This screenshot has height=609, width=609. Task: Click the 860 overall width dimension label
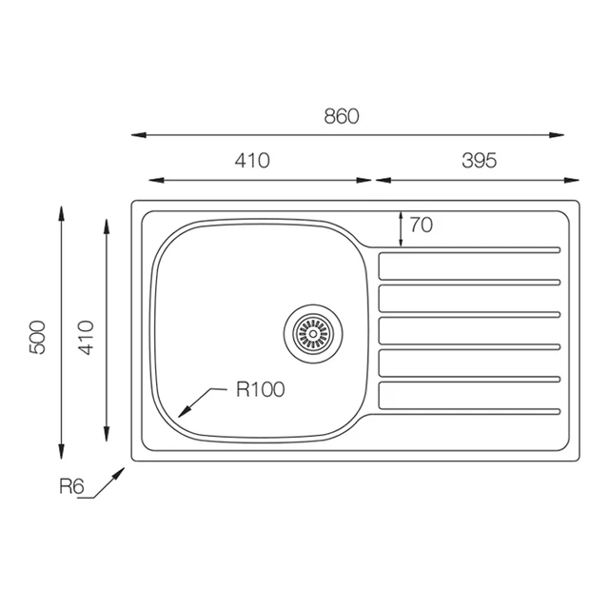point(342,116)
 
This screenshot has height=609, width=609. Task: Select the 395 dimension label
point(479,161)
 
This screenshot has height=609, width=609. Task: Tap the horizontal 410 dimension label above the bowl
point(252,161)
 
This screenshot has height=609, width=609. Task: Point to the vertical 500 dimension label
point(38,337)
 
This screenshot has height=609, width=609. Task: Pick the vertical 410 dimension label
point(87,337)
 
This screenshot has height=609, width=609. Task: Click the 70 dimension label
point(422,225)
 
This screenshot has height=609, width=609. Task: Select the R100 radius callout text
point(260,389)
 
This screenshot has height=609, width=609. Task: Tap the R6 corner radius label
point(71,486)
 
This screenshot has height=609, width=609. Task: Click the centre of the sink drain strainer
point(313,334)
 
